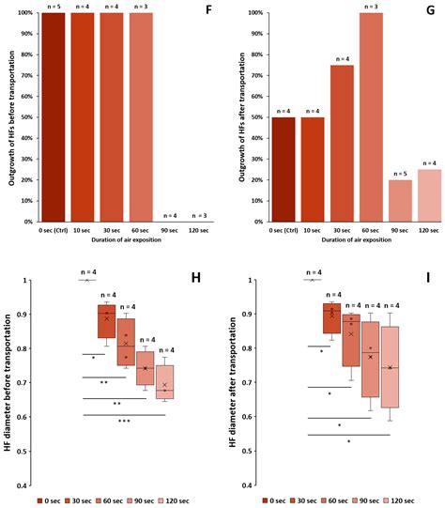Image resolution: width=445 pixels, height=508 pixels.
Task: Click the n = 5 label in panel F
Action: pos(51,7)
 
